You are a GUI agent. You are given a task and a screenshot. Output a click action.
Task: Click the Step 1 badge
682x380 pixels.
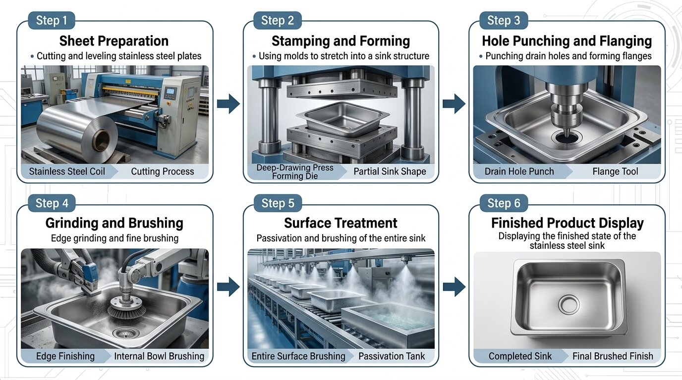click(x=52, y=20)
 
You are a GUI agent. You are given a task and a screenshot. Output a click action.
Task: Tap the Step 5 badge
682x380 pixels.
click(x=278, y=203)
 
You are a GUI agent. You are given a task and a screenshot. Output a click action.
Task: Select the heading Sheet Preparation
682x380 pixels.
click(x=114, y=41)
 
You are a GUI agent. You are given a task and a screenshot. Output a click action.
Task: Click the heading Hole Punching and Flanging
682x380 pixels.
click(x=567, y=41)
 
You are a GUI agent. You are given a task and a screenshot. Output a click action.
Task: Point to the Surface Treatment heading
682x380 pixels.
click(x=341, y=223)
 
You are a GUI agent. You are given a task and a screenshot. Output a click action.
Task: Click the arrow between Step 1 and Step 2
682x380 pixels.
click(x=228, y=104)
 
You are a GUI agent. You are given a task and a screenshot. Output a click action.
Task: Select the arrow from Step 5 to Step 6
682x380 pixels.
click(x=454, y=286)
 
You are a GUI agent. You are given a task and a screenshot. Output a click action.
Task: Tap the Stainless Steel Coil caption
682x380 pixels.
click(x=67, y=172)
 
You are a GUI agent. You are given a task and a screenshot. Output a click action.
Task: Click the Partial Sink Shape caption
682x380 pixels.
click(x=390, y=172)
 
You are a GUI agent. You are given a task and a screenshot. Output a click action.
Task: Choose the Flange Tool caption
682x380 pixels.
click(x=615, y=172)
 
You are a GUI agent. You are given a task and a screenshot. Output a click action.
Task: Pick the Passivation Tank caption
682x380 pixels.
click(x=392, y=356)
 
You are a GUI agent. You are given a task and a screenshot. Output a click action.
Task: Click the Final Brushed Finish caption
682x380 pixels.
click(x=613, y=356)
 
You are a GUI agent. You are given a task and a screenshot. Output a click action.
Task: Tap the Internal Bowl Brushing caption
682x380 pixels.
click(x=159, y=356)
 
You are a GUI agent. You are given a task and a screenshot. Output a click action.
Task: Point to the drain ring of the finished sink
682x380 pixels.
click(x=568, y=305)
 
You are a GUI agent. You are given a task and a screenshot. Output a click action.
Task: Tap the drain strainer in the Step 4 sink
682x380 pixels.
click(x=124, y=333)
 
